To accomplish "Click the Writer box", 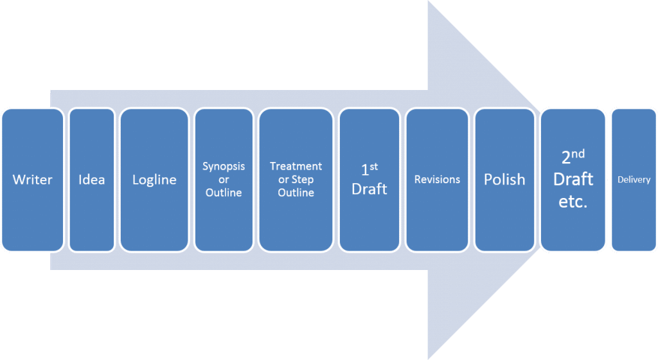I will pos(32,180).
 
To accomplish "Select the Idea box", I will pos(91,180).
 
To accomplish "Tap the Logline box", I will pos(154,180).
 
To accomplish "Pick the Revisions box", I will pos(437,180).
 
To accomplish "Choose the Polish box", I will pos(504,180).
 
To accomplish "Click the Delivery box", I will pos(634,180).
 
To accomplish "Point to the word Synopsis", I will pos(224,166).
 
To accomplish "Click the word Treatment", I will pos(296,166).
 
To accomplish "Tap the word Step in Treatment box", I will pos(303,179).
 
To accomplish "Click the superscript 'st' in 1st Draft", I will pos(374,167).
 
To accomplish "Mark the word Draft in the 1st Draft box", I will pos(369,189).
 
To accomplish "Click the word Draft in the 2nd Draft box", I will pos(573,179).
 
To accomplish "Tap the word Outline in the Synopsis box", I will pos(224,193).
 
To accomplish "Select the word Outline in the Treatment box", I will pos(296,193).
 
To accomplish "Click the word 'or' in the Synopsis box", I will pos(224,179).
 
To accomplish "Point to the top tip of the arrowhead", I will pos(429,2).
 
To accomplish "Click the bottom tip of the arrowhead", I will pos(429,358).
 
